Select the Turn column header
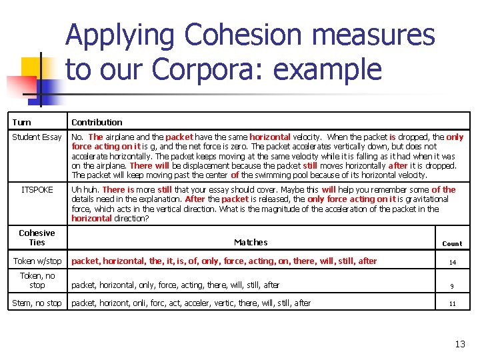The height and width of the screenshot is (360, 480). pos(21,122)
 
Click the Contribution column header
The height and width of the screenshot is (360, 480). pos(97,122)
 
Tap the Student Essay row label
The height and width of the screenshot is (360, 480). pos(37,137)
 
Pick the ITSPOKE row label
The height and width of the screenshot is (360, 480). pos(37,190)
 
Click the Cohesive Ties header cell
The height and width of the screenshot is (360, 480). pos(37,237)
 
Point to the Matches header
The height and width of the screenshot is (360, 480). pos(251,243)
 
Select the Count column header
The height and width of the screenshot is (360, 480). pos(451,243)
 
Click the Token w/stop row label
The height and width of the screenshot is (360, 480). pos(37,261)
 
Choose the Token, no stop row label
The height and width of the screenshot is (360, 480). pos(37,280)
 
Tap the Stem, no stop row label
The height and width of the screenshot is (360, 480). pos(37,303)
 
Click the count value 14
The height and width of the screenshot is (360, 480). pos(452,263)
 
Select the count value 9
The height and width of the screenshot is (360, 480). pos(451,286)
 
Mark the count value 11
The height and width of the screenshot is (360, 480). pos(451,304)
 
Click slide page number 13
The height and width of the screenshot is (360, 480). pos(459,344)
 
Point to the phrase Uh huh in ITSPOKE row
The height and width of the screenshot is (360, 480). pos(85,190)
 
